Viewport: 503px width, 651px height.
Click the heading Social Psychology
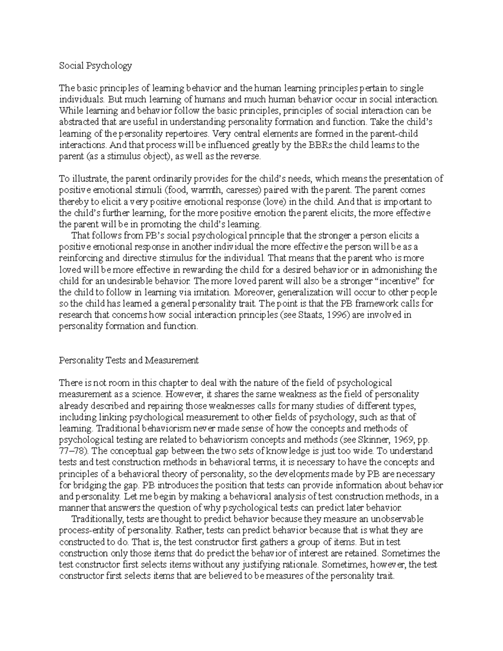coord(95,65)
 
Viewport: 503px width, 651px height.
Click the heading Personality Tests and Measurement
coord(128,360)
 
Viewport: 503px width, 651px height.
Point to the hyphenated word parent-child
coord(394,134)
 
